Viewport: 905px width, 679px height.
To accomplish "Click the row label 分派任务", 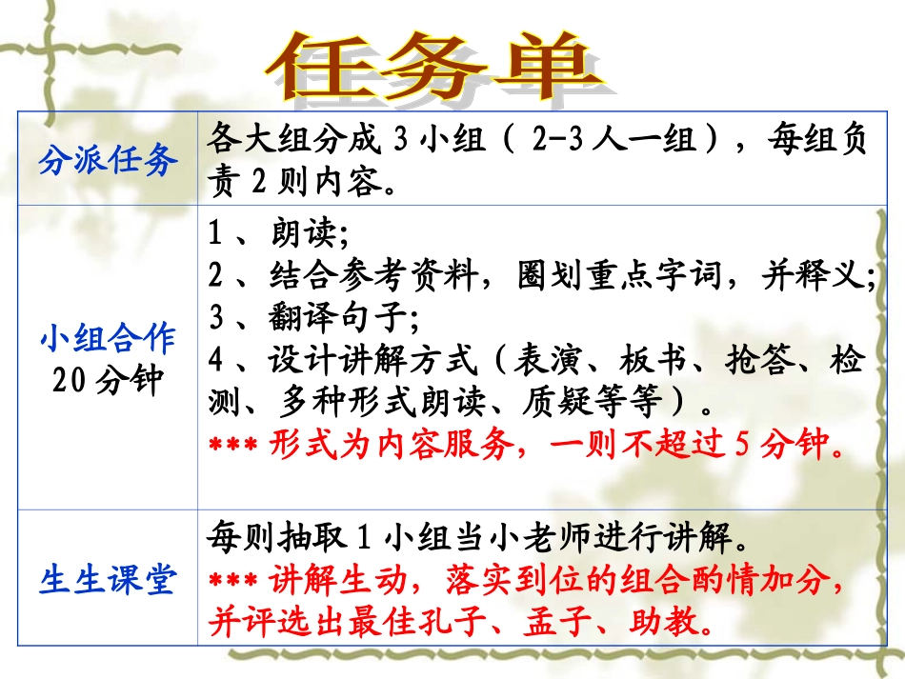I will (x=108, y=160).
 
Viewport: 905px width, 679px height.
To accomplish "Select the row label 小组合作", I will (x=108, y=338).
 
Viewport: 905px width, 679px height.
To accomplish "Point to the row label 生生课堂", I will (x=108, y=580).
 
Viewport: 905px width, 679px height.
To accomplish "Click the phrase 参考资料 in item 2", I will (x=445, y=276).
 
